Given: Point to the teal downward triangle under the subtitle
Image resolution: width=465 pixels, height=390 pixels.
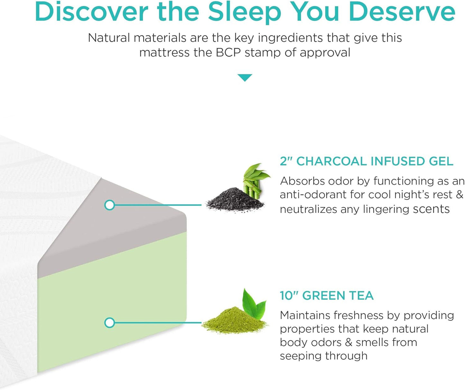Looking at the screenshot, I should pyautogui.click(x=245, y=77).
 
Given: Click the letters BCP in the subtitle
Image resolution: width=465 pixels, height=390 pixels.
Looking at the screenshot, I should pyautogui.click(x=228, y=52).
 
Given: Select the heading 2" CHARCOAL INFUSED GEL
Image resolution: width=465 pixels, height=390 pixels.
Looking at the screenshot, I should pyautogui.click(x=367, y=161).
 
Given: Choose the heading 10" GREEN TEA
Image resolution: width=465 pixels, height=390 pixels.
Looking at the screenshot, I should pyautogui.click(x=327, y=295).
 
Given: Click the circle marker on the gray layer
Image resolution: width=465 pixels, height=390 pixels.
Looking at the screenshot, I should pyautogui.click(x=110, y=205).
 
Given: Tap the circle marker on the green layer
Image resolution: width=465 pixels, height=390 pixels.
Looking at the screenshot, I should pyautogui.click(x=110, y=322).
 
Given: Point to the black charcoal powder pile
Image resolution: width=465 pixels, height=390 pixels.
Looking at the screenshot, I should pyautogui.click(x=233, y=200).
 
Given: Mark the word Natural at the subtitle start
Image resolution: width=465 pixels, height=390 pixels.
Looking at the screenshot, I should pyautogui.click(x=109, y=38).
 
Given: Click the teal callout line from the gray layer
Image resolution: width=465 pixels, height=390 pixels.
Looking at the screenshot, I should pyautogui.click(x=158, y=205).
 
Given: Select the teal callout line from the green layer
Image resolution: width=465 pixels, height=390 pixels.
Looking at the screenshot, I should pyautogui.click(x=158, y=322).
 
